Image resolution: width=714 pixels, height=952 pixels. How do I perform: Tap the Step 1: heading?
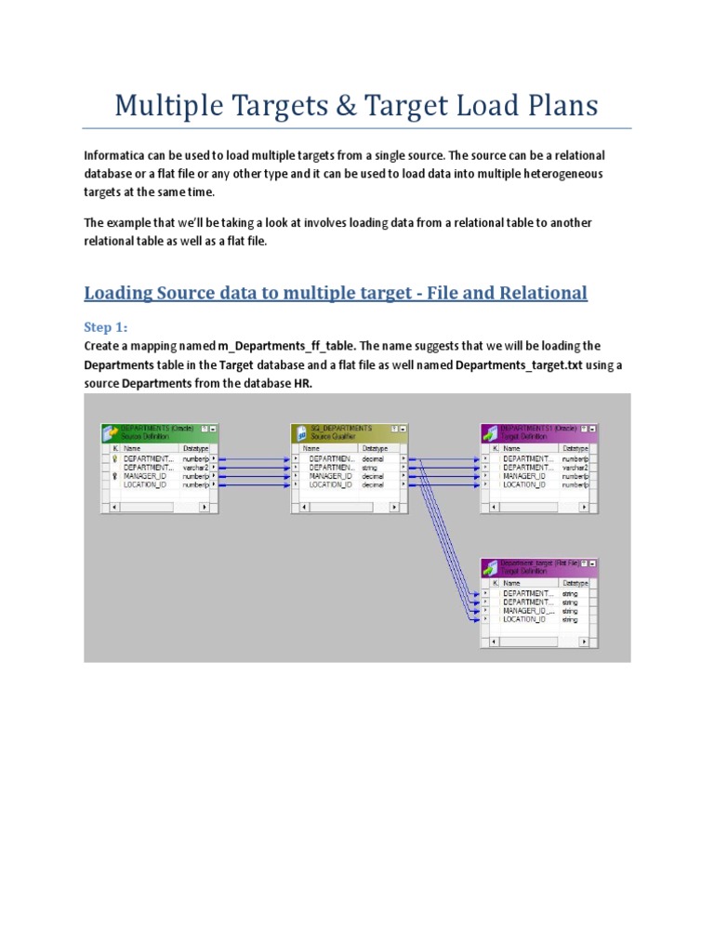tap(108, 327)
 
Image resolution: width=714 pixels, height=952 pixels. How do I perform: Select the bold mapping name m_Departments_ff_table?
tap(285, 346)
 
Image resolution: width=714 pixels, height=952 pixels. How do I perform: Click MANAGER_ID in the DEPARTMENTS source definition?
tap(144, 476)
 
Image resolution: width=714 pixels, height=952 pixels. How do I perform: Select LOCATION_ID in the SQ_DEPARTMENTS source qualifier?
tap(330, 484)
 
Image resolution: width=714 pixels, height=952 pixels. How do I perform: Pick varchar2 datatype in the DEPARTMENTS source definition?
tap(195, 468)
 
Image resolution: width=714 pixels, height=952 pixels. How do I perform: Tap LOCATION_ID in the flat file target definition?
tap(524, 619)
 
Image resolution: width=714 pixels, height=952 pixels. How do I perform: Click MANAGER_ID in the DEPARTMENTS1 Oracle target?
tap(524, 476)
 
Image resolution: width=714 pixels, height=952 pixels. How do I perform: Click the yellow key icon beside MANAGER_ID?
tap(114, 476)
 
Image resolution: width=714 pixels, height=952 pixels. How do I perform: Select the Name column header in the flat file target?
tap(512, 582)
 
